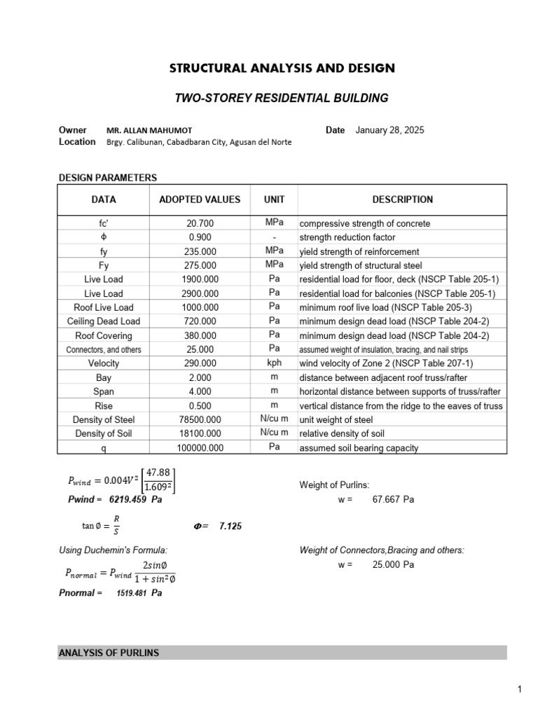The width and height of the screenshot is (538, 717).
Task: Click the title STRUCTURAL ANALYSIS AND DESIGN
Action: (x=282, y=69)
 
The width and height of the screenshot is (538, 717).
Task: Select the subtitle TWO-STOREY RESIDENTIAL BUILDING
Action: (x=281, y=99)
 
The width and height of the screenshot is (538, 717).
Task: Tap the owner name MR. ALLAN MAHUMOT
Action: (x=148, y=131)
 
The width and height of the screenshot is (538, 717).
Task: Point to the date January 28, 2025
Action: (x=389, y=130)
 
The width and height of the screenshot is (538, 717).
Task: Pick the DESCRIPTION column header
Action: (x=402, y=200)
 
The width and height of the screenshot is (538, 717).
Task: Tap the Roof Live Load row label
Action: (x=104, y=307)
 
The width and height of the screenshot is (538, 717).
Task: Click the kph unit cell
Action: (x=274, y=363)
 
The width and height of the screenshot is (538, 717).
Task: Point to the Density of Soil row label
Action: (x=104, y=433)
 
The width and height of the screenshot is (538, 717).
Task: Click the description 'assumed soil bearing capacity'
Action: (x=359, y=447)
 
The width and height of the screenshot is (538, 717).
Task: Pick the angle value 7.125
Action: (x=230, y=526)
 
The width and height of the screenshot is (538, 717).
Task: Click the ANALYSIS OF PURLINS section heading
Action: (x=109, y=653)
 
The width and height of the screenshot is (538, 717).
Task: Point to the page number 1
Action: (x=520, y=690)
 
